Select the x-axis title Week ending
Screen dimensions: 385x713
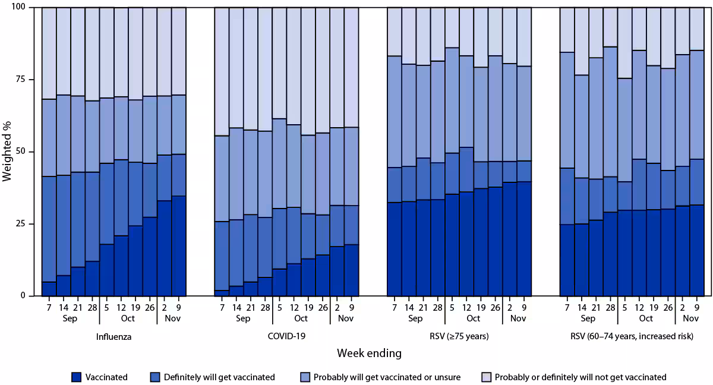tap(369, 354)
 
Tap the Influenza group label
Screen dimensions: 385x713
tap(114, 337)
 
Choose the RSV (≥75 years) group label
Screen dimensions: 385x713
tap(459, 337)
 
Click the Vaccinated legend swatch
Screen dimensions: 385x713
tap(75, 377)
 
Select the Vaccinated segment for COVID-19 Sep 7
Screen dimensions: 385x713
tap(221, 293)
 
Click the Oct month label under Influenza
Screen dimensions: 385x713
tap(128, 318)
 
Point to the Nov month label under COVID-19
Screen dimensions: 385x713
tap(345, 318)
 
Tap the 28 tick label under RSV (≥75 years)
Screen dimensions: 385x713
tap(437, 308)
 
